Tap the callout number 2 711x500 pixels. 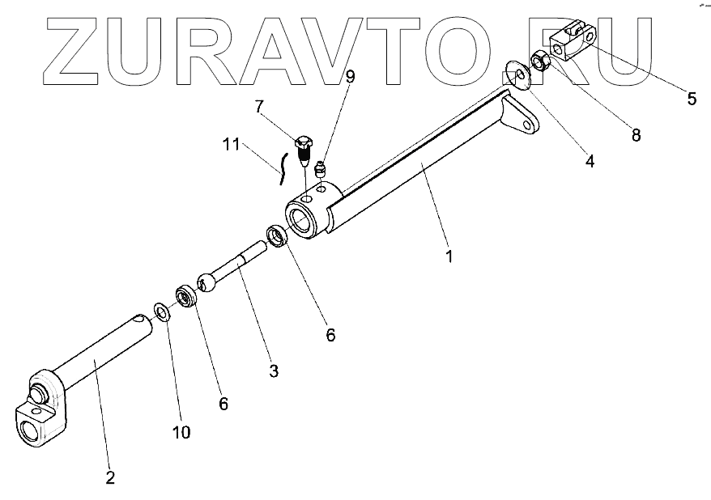110,477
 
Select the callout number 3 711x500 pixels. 274,371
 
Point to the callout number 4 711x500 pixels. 590,161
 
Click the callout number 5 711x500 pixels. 692,99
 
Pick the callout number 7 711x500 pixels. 259,106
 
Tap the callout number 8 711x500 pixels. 636,135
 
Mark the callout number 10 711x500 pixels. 181,433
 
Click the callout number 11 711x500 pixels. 232,145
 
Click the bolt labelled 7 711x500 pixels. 304,149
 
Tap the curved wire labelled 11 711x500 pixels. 282,166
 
